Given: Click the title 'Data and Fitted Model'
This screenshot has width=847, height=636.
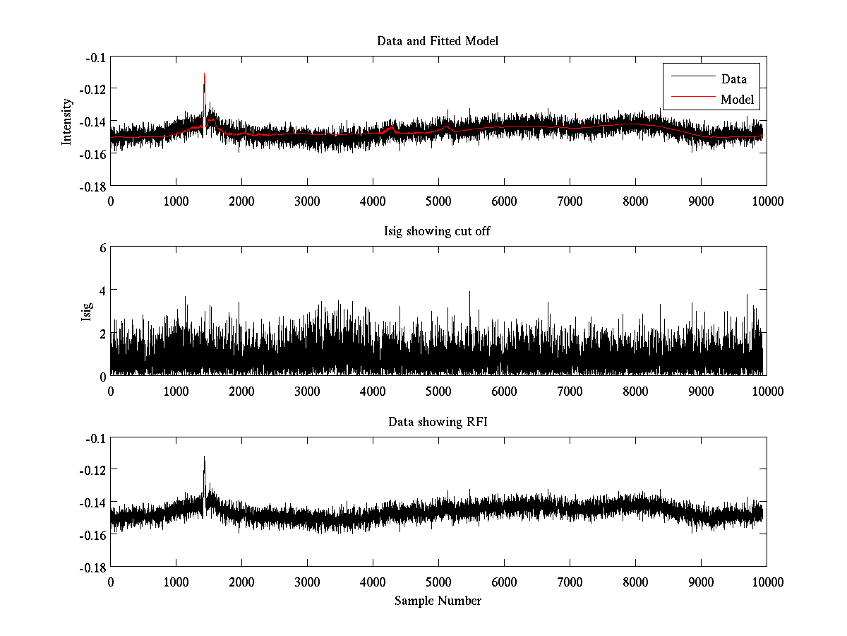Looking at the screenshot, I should [x=438, y=41].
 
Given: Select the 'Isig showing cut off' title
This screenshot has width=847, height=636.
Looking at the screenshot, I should [x=438, y=232].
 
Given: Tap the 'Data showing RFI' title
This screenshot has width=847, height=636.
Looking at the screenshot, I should [x=438, y=422].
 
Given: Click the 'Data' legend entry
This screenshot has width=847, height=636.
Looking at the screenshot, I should [x=733, y=79].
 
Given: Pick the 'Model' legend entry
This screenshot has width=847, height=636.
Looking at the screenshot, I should [x=737, y=100].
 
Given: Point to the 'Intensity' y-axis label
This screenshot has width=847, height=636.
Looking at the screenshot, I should [x=67, y=121].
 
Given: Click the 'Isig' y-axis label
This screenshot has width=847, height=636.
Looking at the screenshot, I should [x=86, y=312].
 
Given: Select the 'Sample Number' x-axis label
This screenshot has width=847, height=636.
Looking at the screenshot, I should [x=438, y=601].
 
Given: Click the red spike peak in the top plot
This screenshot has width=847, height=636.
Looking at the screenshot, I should [x=204, y=73].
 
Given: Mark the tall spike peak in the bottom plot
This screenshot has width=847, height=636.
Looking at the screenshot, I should [x=204, y=457].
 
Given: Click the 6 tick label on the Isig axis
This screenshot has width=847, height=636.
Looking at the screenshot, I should [x=102, y=247].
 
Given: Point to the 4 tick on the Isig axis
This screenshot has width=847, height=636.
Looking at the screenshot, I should [x=102, y=290].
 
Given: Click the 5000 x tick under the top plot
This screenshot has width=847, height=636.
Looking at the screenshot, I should [x=438, y=201].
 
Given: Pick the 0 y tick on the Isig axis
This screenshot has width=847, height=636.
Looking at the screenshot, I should [x=102, y=376].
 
